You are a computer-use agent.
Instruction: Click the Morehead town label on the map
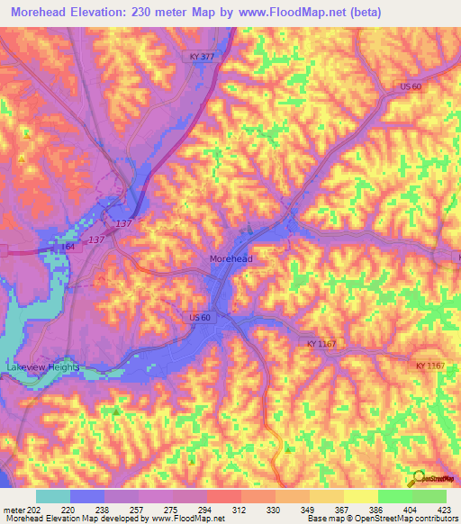click(x=230, y=259)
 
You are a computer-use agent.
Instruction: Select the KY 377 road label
click(x=203, y=56)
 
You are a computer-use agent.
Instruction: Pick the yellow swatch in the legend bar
click(x=360, y=495)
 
